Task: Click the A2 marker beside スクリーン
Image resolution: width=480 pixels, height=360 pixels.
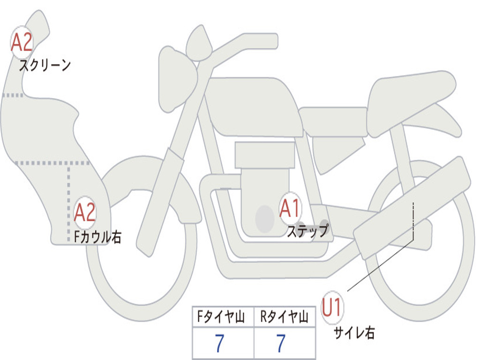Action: pos(22,43)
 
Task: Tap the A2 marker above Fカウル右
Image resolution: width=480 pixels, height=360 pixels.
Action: pos(85,212)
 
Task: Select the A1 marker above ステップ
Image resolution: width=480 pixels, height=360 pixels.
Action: pos(290,208)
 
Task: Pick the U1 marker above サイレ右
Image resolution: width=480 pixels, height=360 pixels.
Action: pos(332,308)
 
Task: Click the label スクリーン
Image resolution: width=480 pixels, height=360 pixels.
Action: pos(45,65)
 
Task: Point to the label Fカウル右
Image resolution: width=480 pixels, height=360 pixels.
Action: pos(98,237)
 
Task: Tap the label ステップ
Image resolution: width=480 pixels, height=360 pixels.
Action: pos(307,231)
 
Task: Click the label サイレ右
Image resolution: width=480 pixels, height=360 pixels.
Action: pos(354,333)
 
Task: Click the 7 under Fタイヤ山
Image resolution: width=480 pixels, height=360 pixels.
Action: pos(219,344)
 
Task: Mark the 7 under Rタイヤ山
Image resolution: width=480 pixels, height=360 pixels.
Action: pos(280,344)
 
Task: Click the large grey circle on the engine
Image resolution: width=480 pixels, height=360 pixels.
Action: pos(265,218)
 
